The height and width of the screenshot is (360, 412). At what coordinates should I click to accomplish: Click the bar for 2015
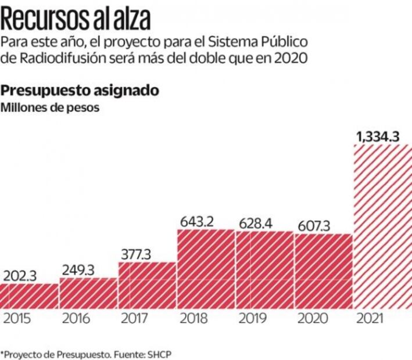tap(29, 296)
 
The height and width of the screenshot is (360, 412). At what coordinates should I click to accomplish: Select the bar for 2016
tap(88, 293)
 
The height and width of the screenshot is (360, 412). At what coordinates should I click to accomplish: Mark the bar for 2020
tap(323, 271)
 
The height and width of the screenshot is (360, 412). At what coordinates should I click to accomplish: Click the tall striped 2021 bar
tap(382, 226)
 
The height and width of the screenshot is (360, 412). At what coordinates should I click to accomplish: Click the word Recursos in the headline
tap(43, 19)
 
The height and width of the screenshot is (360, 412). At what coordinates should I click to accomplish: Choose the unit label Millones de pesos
tap(49, 107)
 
